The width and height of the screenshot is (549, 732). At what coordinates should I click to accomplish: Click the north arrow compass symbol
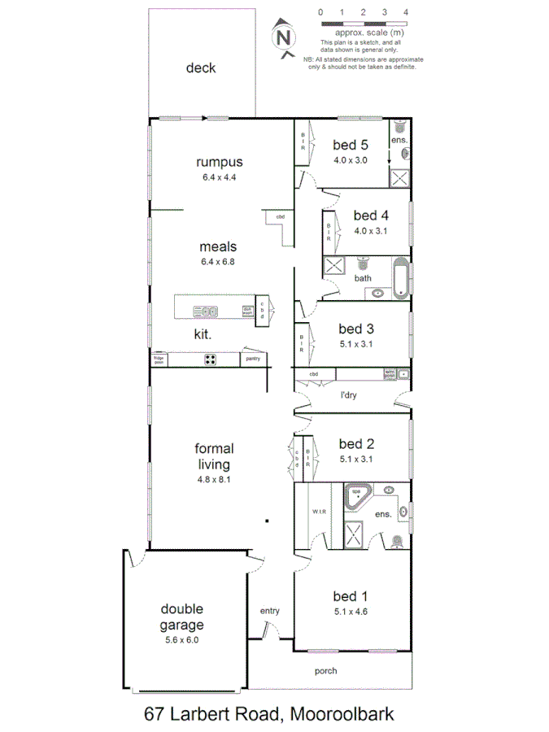284,38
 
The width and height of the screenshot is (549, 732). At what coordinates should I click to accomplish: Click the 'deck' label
200,68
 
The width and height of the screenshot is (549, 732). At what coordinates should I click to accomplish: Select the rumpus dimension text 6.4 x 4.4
218,177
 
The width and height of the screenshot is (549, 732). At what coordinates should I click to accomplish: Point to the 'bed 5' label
351,145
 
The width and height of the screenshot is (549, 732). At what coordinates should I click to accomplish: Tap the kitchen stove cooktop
210,359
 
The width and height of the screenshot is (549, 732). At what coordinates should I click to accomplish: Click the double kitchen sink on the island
205,311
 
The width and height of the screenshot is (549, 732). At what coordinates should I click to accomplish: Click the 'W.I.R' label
318,512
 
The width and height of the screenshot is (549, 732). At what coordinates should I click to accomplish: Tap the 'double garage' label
181,617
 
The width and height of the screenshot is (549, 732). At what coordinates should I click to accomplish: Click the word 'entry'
269,611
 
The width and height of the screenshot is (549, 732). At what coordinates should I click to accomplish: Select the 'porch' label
325,671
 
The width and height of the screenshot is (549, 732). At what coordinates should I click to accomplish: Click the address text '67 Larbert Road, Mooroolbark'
268,714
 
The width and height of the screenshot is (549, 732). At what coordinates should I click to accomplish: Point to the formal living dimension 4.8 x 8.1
214,480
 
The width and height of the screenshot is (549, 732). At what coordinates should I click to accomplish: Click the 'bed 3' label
356,329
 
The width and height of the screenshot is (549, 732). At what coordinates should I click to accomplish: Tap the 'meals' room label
218,246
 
